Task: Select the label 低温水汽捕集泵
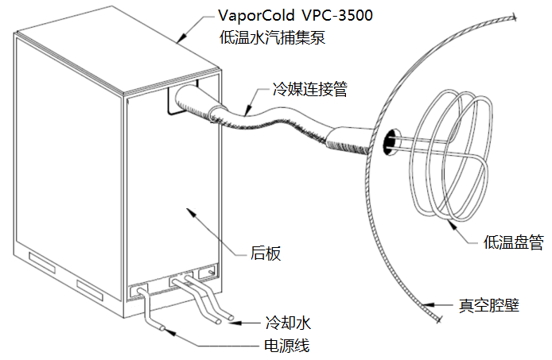(x=273, y=37)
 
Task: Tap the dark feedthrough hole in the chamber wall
(x=390, y=142)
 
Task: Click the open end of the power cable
(x=162, y=326)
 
